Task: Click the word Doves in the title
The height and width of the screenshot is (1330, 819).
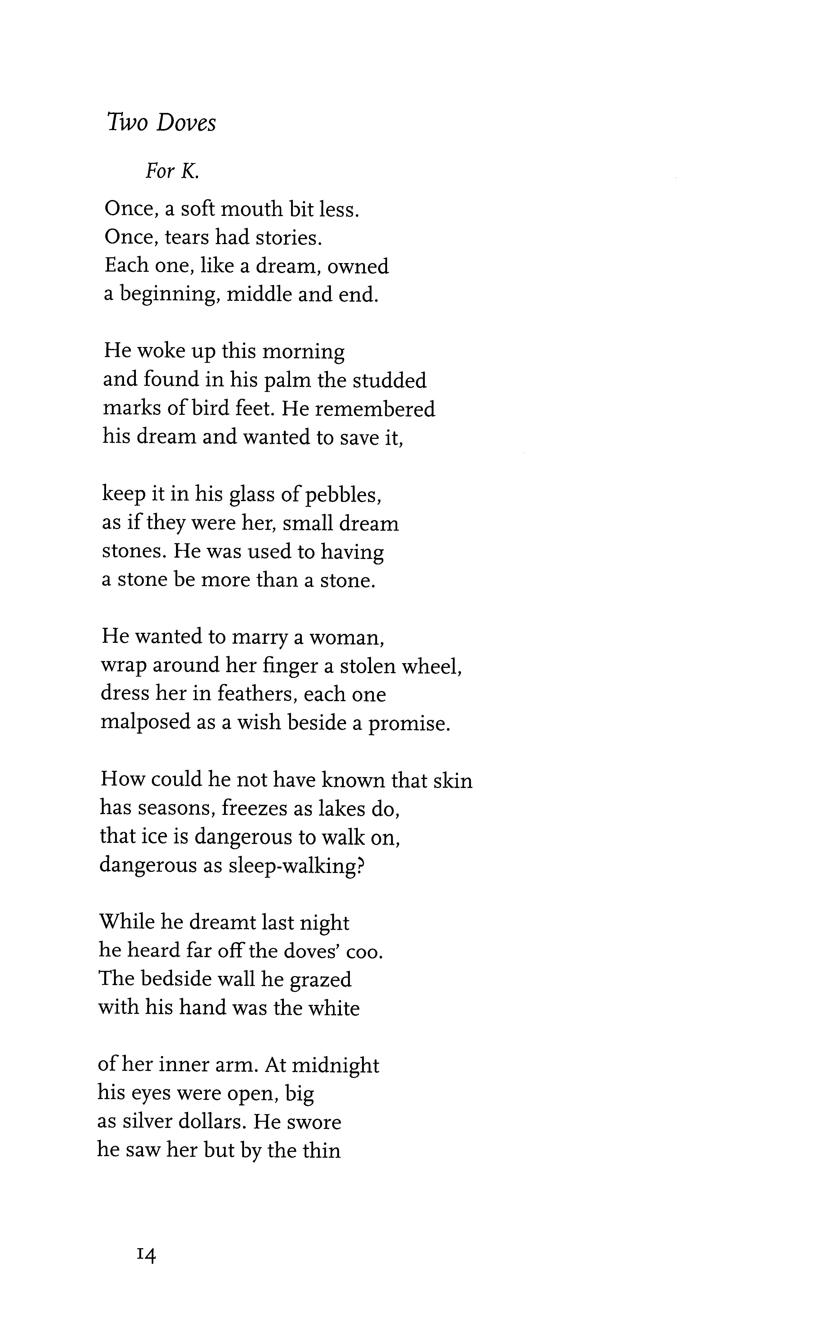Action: tap(186, 123)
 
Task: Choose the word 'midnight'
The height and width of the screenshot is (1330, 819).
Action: tap(335, 1065)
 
